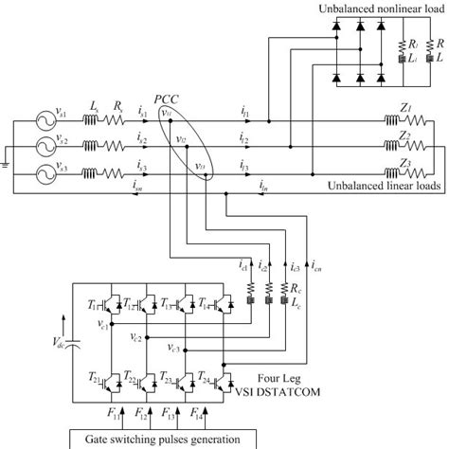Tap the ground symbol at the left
click(5, 162)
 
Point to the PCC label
click(168, 99)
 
